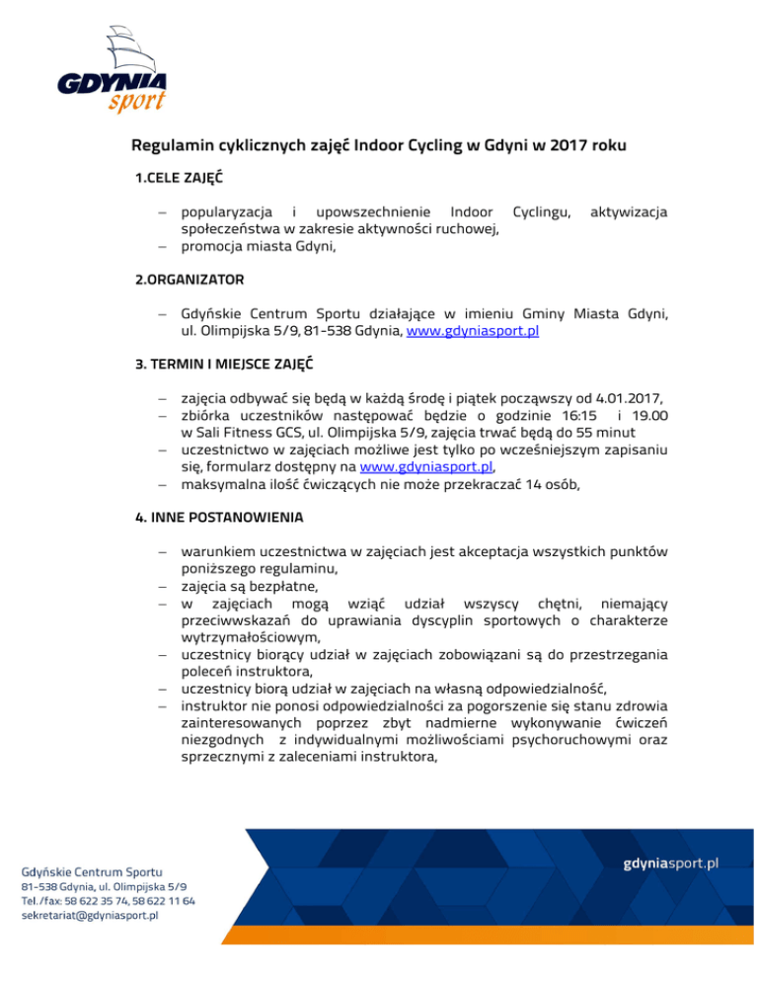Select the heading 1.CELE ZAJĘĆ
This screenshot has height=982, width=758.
(x=179, y=180)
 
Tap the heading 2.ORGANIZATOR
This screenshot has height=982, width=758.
(x=189, y=280)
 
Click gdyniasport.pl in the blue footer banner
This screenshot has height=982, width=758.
(x=671, y=862)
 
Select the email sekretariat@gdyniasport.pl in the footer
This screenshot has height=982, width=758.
(x=90, y=916)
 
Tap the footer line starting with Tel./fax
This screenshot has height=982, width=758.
(x=108, y=901)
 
